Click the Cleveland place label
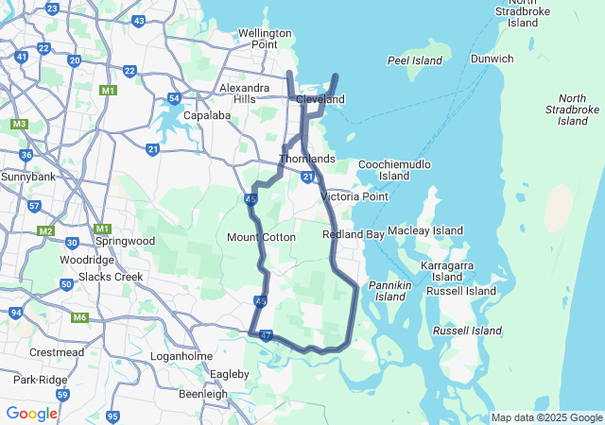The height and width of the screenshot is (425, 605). tap(320, 99)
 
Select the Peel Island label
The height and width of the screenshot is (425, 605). tap(415, 60)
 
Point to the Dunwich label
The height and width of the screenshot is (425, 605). tap(492, 59)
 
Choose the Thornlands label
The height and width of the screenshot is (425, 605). tap(307, 159)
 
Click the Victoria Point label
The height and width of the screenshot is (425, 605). tap(354, 196)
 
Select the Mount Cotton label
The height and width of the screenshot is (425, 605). tap(261, 237)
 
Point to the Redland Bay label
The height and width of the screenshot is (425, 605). tap(353, 233)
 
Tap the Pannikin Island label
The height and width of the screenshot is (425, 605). tap(389, 290)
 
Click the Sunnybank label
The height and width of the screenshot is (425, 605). tap(28, 177)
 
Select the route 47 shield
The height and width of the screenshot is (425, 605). tap(266, 335)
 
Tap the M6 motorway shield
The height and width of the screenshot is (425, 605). tap(79, 316)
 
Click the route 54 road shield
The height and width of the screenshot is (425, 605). tap(174, 98)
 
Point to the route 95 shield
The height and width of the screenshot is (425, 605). tap(113, 416)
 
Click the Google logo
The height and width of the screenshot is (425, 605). tap(31, 414)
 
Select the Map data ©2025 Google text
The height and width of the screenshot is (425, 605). tap(546, 417)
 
